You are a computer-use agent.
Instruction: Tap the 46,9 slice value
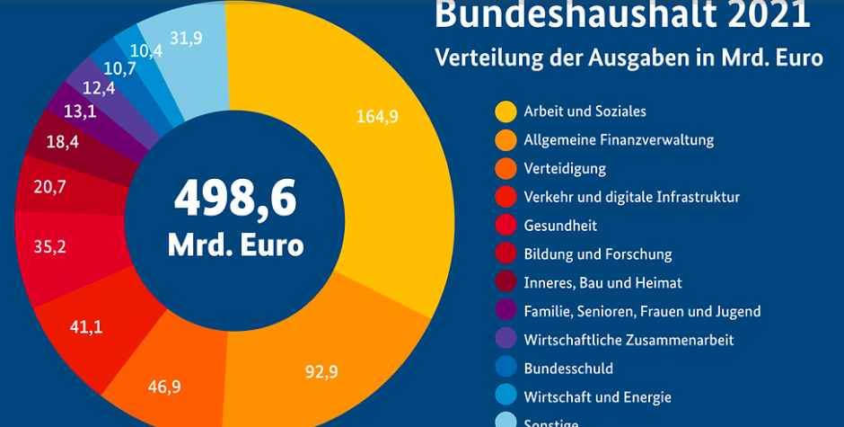click(x=164, y=387)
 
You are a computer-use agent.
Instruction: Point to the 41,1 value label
click(x=86, y=327)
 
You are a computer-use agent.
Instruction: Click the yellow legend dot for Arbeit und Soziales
click(x=506, y=111)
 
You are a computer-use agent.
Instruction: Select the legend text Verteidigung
click(x=565, y=168)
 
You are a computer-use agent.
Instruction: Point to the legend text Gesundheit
click(x=560, y=226)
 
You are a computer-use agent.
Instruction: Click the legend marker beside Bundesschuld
click(x=506, y=369)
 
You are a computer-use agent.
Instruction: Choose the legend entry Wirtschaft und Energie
click(x=597, y=396)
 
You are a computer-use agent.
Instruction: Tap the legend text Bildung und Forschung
click(x=597, y=254)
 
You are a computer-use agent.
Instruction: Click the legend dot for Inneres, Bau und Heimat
click(x=506, y=283)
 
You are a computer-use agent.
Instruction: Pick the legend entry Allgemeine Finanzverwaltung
click(x=619, y=139)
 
